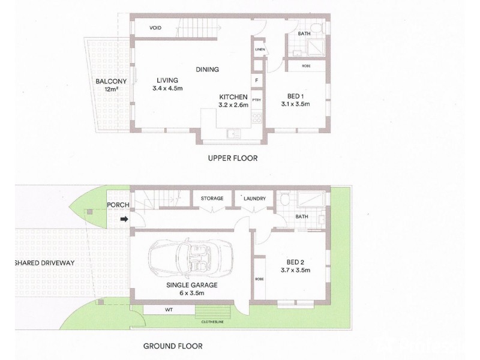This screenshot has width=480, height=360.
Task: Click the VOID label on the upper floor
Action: pyautogui.click(x=155, y=28)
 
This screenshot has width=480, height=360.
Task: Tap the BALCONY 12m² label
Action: pyautogui.click(x=111, y=85)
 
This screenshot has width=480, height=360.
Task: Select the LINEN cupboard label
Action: pyautogui.click(x=260, y=49)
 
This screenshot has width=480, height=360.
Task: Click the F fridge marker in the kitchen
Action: pyautogui.click(x=257, y=81)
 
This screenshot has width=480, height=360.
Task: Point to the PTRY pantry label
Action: pyautogui.click(x=257, y=100)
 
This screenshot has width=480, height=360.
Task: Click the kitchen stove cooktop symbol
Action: pyautogui.click(x=257, y=118)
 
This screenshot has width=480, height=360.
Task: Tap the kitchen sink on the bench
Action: pyautogui.click(x=233, y=133)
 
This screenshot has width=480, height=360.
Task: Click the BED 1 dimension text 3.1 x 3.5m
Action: pyautogui.click(x=295, y=104)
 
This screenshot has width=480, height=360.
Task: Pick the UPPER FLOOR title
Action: pyautogui.click(x=233, y=158)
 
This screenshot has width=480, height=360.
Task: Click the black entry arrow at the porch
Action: pyautogui.click(x=124, y=219)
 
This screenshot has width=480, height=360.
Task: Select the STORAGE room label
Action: pyautogui.click(x=212, y=199)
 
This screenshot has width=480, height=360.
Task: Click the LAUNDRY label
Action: pyautogui.click(x=254, y=199)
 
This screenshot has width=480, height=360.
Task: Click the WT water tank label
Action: pyautogui.click(x=169, y=310)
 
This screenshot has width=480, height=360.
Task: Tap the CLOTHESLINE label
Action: pyautogui.click(x=212, y=322)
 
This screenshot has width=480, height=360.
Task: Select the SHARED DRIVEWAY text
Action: pyautogui.click(x=44, y=263)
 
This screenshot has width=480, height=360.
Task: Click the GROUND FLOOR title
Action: pyautogui.click(x=173, y=346)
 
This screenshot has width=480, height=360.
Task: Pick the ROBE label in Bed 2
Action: pyautogui.click(x=259, y=279)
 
